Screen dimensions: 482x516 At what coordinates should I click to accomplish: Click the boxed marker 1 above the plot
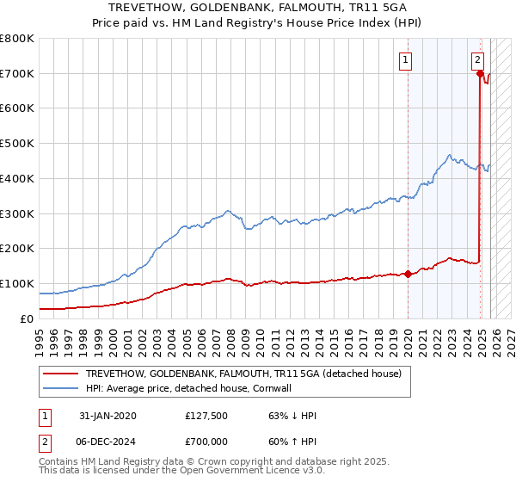[404, 59]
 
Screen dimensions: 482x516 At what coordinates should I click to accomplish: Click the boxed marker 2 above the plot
[477, 59]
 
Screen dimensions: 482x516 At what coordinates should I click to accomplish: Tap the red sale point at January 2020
[408, 274]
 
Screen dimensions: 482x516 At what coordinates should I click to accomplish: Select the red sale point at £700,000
[479, 74]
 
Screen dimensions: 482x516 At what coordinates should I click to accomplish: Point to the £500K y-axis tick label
[17, 144]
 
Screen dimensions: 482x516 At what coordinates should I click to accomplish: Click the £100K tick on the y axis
[17, 283]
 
